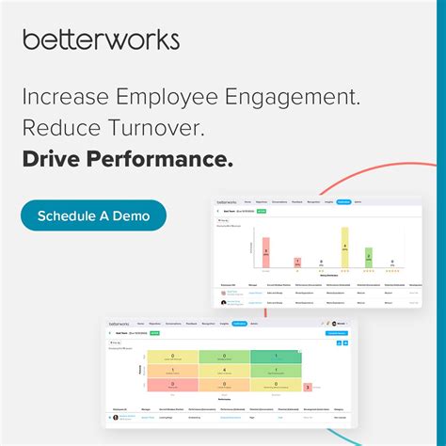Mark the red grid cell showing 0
click(x=172, y=384)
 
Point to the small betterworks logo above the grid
click(x=119, y=323)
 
